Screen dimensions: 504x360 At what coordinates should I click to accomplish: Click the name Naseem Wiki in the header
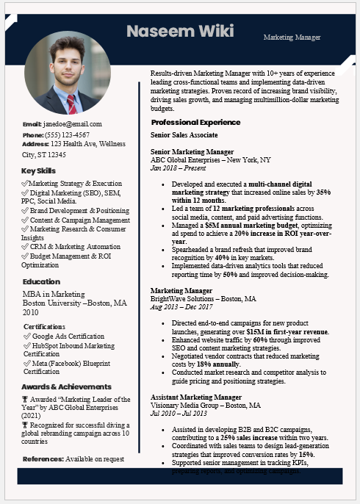[180, 31]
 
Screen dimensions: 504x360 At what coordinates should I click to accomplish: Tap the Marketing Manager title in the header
[292, 37]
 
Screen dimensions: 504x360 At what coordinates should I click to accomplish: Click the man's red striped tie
[71, 103]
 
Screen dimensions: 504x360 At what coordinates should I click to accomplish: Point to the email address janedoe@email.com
[72, 124]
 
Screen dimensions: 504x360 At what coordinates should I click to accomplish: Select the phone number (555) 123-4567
[67, 135]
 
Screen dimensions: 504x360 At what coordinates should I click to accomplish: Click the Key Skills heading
[39, 171]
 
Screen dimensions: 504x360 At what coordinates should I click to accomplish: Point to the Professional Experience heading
[195, 122]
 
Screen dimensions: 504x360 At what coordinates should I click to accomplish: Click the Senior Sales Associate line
[184, 135]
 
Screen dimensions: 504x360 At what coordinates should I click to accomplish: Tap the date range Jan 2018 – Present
[179, 168]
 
